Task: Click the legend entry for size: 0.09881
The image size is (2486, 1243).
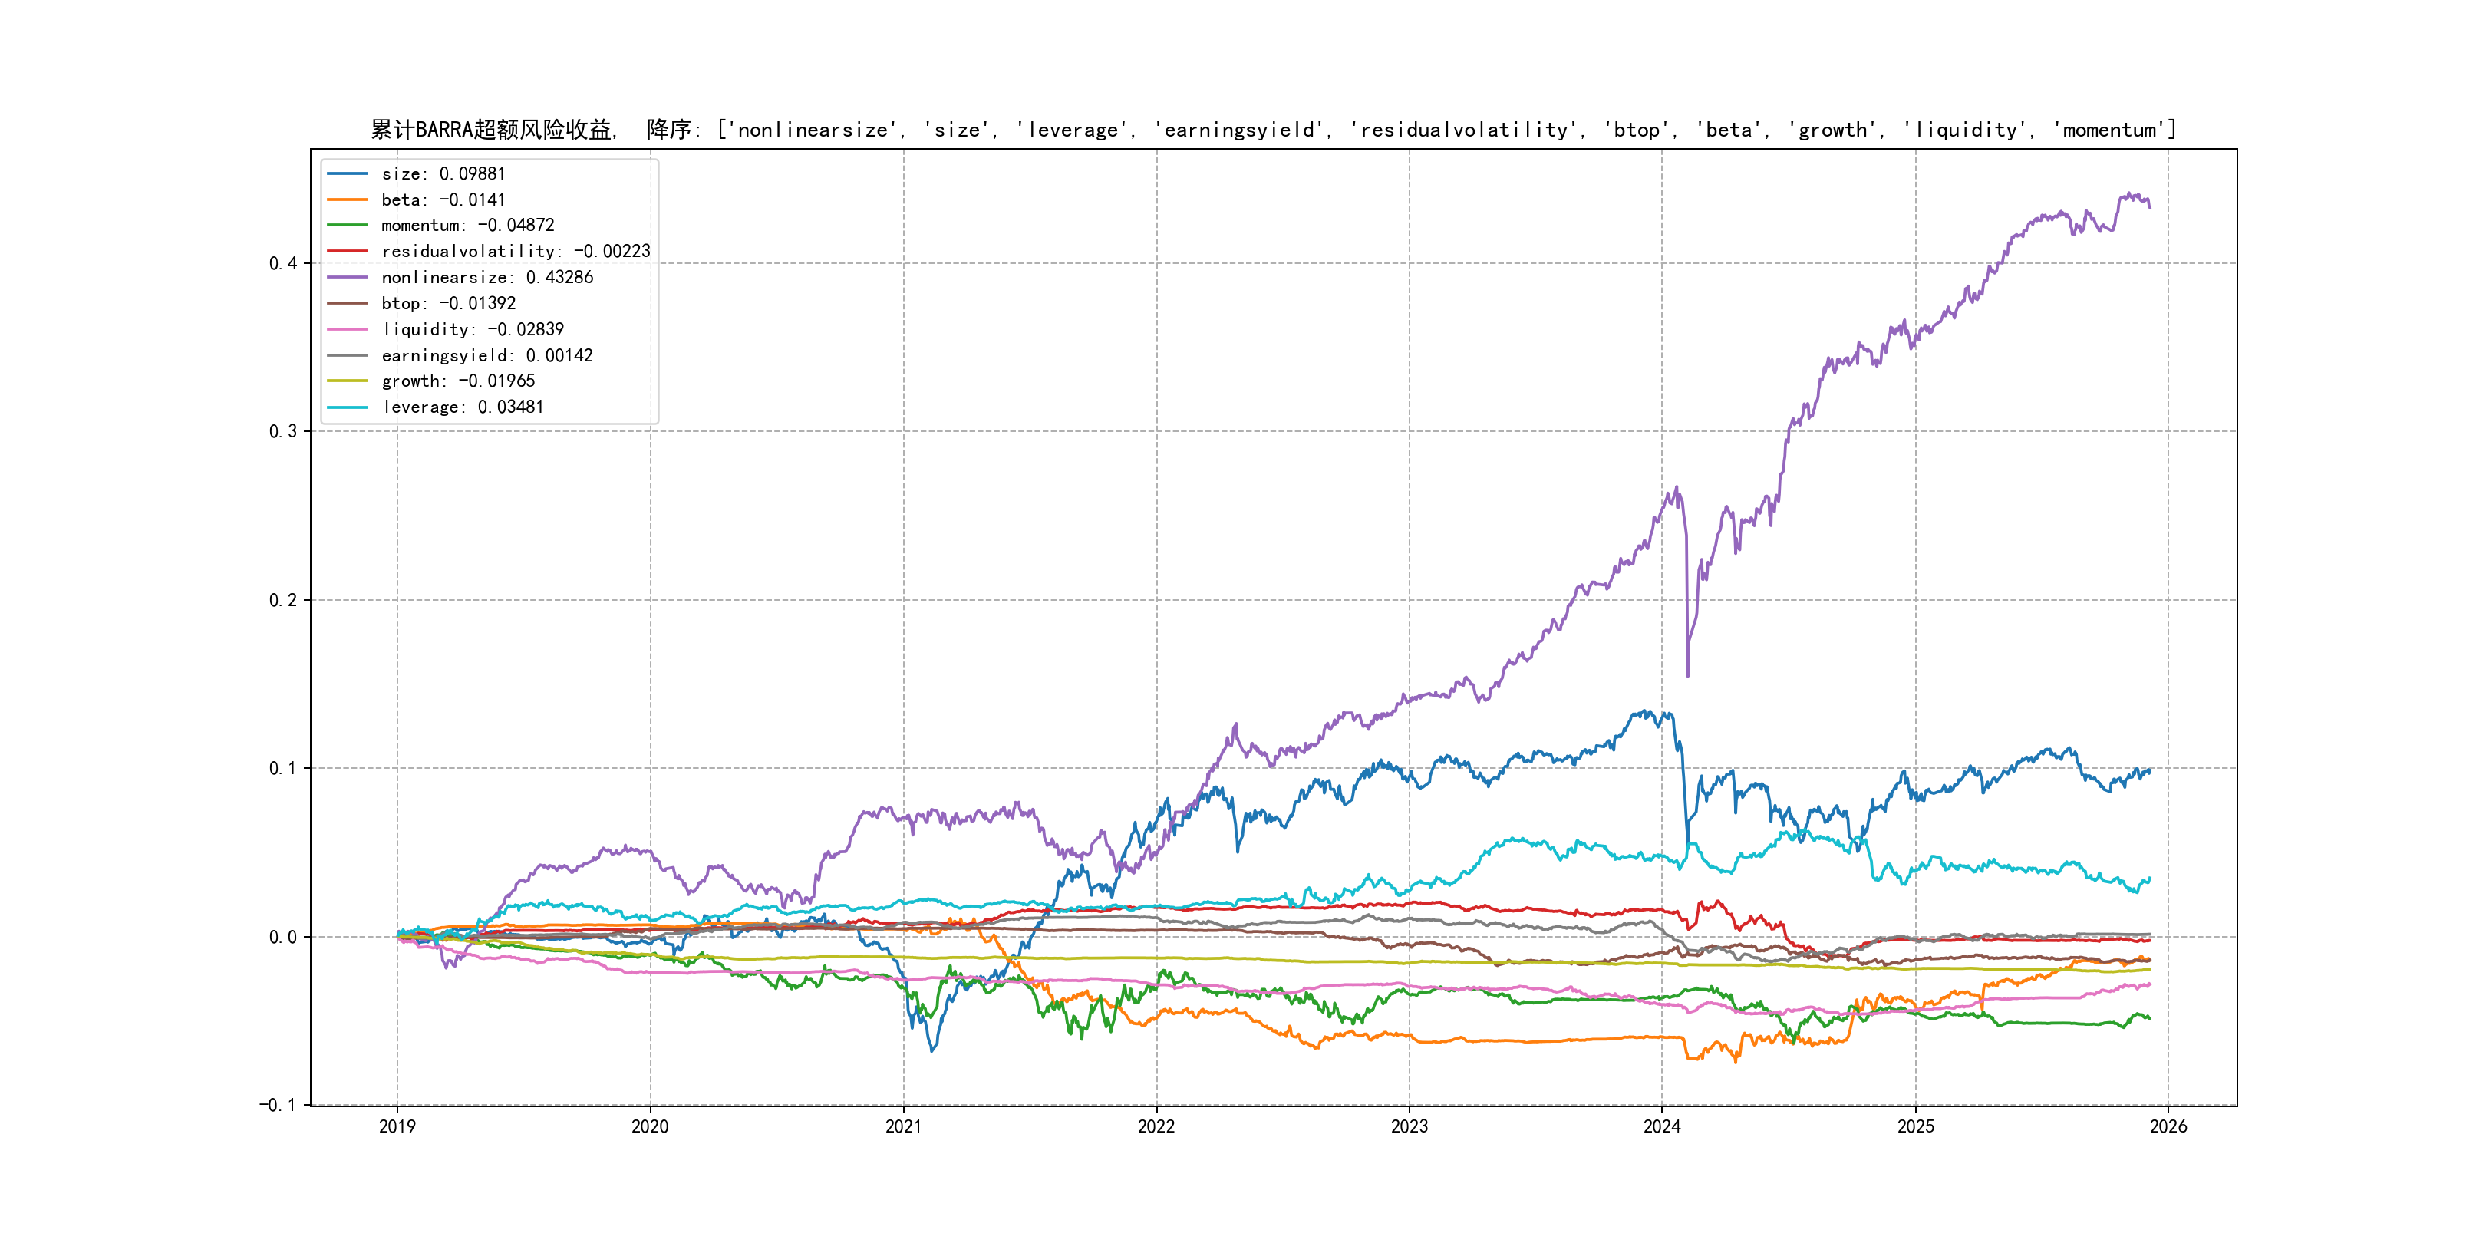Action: tap(443, 173)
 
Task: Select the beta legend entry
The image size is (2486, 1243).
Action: tap(443, 199)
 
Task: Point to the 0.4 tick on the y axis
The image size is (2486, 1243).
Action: tap(283, 263)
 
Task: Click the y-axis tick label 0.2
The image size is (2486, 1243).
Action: tap(283, 600)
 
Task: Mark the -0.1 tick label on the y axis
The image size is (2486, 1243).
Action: tap(278, 1105)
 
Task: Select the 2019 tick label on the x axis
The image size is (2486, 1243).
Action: tap(397, 1126)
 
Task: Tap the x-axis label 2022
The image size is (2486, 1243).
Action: tap(1156, 1126)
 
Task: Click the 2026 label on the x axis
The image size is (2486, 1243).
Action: tap(2168, 1126)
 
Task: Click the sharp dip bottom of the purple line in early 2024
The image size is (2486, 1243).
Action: tap(1687, 675)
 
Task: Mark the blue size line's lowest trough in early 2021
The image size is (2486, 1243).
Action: tap(932, 1050)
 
